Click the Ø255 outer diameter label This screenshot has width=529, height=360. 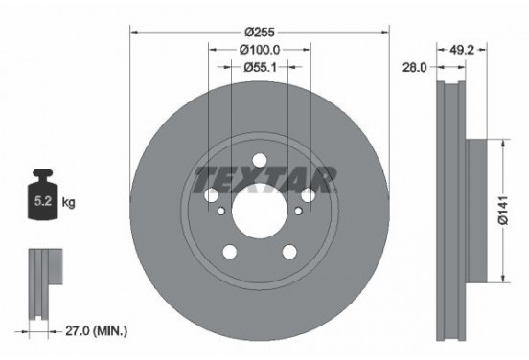pyautogui.click(x=259, y=31)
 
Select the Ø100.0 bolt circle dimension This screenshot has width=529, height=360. pyautogui.click(x=259, y=49)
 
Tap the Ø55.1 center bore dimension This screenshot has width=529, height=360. pyautogui.click(x=259, y=67)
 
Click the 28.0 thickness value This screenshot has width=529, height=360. pyautogui.click(x=415, y=67)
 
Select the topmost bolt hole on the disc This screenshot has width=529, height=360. pyautogui.click(x=259, y=161)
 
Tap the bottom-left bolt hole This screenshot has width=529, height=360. pyautogui.click(x=230, y=252)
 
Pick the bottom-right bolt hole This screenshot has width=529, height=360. pyautogui.click(x=287, y=252)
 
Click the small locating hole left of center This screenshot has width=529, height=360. pyautogui.click(x=222, y=214)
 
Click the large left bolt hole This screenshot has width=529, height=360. pyautogui.click(x=213, y=195)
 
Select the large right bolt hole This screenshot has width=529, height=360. pyautogui.click(x=306, y=195)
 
